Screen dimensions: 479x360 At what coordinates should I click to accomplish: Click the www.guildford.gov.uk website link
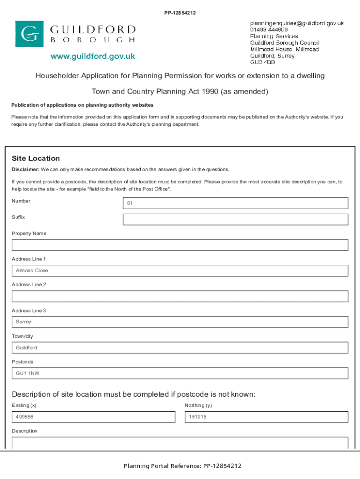(x=93, y=57)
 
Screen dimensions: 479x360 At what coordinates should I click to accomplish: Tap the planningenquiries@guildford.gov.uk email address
(x=297, y=23)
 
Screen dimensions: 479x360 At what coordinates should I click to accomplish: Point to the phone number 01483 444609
(x=269, y=29)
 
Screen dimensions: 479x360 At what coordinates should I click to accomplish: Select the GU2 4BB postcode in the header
(x=262, y=62)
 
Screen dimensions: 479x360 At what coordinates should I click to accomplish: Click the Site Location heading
(x=36, y=159)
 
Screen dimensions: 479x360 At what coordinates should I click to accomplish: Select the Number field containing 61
(x=235, y=203)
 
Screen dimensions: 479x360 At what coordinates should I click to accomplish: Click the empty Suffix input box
(x=235, y=219)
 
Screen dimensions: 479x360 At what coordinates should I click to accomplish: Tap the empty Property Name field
(x=180, y=245)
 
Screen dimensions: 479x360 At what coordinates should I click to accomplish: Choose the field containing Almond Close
(x=180, y=271)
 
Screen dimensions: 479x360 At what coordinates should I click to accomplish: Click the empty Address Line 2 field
(x=180, y=297)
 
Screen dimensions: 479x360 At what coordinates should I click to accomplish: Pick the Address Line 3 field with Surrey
(x=180, y=322)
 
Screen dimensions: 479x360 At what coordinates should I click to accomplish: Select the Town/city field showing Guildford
(x=180, y=348)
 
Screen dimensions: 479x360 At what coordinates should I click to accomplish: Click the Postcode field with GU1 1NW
(x=180, y=373)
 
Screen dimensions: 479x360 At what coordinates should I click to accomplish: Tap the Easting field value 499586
(x=93, y=417)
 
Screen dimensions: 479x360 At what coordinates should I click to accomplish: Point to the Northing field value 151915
(x=266, y=417)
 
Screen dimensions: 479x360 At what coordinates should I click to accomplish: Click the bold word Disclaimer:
(x=25, y=169)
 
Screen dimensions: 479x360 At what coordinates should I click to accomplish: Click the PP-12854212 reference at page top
(x=180, y=13)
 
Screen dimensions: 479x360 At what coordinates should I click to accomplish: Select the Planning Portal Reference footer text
(x=182, y=466)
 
